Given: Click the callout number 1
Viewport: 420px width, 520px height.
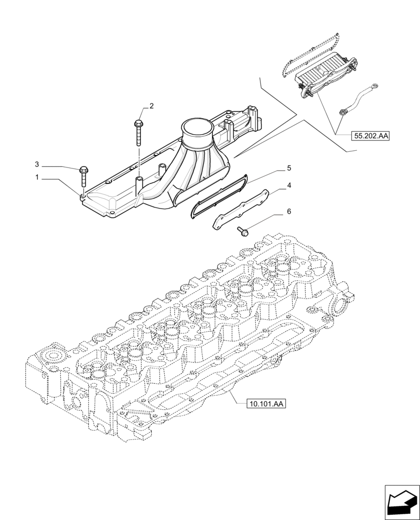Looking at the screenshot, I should click(37, 177).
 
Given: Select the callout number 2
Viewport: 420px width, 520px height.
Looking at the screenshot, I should click(151, 106).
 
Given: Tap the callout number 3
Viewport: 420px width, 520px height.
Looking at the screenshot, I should click(37, 164).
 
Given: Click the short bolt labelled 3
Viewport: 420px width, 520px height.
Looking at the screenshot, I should click(83, 176).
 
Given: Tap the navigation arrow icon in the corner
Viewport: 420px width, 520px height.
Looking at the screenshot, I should click(401, 501).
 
